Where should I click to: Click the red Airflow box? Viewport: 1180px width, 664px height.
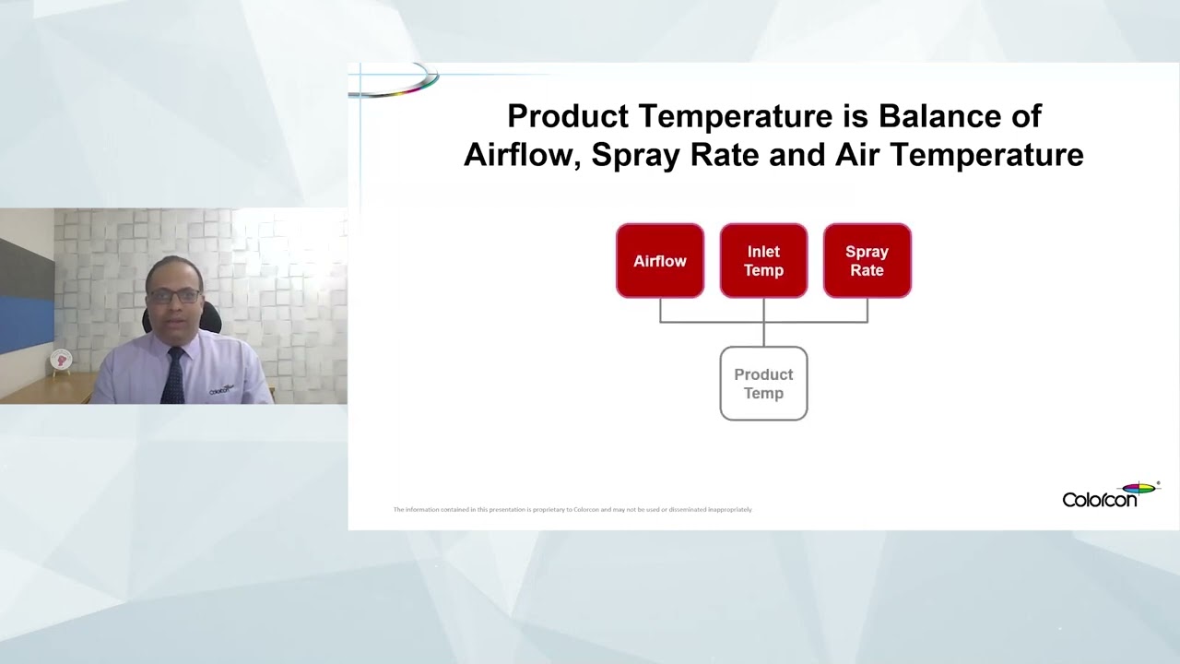coord(660,261)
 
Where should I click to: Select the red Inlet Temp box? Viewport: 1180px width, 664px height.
coord(763,261)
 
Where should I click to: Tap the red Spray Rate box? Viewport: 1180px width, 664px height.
coord(867,261)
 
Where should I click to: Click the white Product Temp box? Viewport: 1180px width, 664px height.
coord(763,384)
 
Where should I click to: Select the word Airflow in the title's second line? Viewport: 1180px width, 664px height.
coord(522,155)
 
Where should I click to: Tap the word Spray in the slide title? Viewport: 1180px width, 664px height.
coord(632,155)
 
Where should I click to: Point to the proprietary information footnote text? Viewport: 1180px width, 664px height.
coord(572,509)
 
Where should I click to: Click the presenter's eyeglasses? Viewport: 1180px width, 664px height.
coord(173,296)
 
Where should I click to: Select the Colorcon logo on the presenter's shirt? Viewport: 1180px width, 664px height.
coord(221,389)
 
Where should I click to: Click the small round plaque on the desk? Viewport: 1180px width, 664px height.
coord(61,361)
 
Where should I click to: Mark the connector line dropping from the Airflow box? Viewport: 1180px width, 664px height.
coord(660,310)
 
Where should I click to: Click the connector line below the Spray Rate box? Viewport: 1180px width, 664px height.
coord(867,310)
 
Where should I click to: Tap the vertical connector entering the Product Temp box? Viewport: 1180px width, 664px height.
coord(763,334)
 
